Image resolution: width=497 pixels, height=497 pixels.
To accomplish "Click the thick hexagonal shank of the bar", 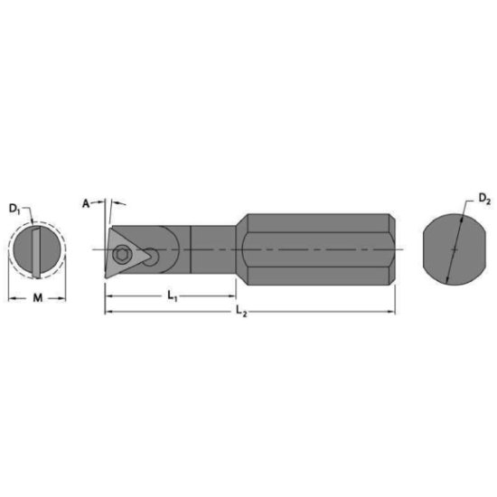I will click(x=316, y=248).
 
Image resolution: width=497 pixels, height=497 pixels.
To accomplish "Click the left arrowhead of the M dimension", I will click(x=12, y=295).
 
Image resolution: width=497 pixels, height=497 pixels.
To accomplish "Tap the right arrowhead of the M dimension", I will click(x=66, y=295).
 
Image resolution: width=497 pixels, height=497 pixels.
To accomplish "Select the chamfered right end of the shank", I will click(x=394, y=248).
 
